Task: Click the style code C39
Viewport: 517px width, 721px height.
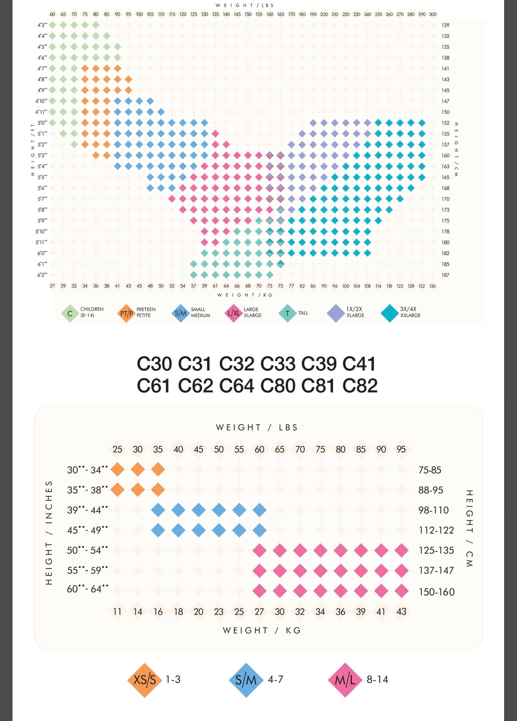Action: pyautogui.click(x=319, y=364)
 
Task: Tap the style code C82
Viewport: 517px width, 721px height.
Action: pyautogui.click(x=360, y=386)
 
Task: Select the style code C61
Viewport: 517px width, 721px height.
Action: pyautogui.click(x=154, y=386)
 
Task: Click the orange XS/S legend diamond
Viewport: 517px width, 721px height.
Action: pyautogui.click(x=144, y=680)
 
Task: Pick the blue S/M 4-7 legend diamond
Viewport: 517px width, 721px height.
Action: pyautogui.click(x=246, y=680)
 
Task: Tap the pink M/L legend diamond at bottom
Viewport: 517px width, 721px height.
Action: pyautogui.click(x=345, y=680)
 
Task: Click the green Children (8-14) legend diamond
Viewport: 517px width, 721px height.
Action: pyautogui.click(x=70, y=313)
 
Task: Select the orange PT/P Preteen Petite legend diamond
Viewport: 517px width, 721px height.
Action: pyautogui.click(x=127, y=313)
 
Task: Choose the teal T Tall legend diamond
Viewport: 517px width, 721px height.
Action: pyautogui.click(x=287, y=313)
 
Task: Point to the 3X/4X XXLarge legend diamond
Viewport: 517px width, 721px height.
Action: pyautogui.click(x=389, y=313)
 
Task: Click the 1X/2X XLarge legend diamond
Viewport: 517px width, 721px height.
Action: pyautogui.click(x=335, y=313)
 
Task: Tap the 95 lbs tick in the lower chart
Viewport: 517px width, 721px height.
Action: pyautogui.click(x=401, y=449)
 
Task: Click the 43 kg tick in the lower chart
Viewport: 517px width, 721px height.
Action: pyautogui.click(x=401, y=612)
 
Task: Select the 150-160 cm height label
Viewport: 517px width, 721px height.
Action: pyautogui.click(x=436, y=592)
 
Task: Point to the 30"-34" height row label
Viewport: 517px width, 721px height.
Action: pyautogui.click(x=87, y=470)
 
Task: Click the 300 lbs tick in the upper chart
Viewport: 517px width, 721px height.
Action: pyautogui.click(x=433, y=14)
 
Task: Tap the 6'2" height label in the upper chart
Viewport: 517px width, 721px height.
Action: pyautogui.click(x=42, y=275)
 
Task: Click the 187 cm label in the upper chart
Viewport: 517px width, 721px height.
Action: pyautogui.click(x=445, y=275)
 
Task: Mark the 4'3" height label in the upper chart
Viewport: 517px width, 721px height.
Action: pyautogui.click(x=42, y=25)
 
